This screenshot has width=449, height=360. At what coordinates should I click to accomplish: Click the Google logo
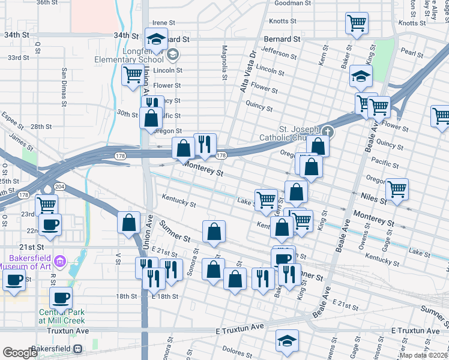tap(20, 353)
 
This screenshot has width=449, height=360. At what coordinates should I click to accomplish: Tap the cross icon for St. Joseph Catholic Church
tap(327, 131)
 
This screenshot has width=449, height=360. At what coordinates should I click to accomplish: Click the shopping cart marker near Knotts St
tap(357, 24)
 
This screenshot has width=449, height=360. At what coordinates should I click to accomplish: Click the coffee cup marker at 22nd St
tap(49, 224)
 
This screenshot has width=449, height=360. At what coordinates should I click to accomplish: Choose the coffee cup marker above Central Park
tap(60, 297)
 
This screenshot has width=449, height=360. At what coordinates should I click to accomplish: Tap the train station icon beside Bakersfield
tap(77, 349)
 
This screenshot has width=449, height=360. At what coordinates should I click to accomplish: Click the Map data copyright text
tap(423, 355)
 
